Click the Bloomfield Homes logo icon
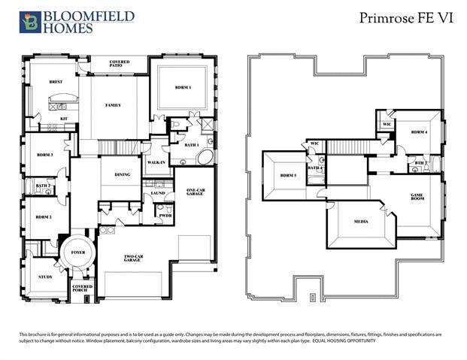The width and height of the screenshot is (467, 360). point(31,23)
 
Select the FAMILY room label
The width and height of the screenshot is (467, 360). point(114,105)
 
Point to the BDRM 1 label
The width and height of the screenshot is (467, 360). point(183,88)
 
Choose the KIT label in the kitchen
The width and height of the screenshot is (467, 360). point(64,119)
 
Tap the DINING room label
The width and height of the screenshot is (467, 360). point(123,174)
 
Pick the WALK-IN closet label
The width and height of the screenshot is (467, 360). point(156,162)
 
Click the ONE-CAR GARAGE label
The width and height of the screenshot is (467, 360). point(196,194)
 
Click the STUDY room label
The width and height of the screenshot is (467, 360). point(45,277)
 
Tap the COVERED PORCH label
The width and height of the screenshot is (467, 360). point(82,289)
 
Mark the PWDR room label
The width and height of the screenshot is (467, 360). point(165,216)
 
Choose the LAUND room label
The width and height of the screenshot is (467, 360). point(158,193)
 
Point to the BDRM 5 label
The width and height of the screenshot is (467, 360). point(288,176)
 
